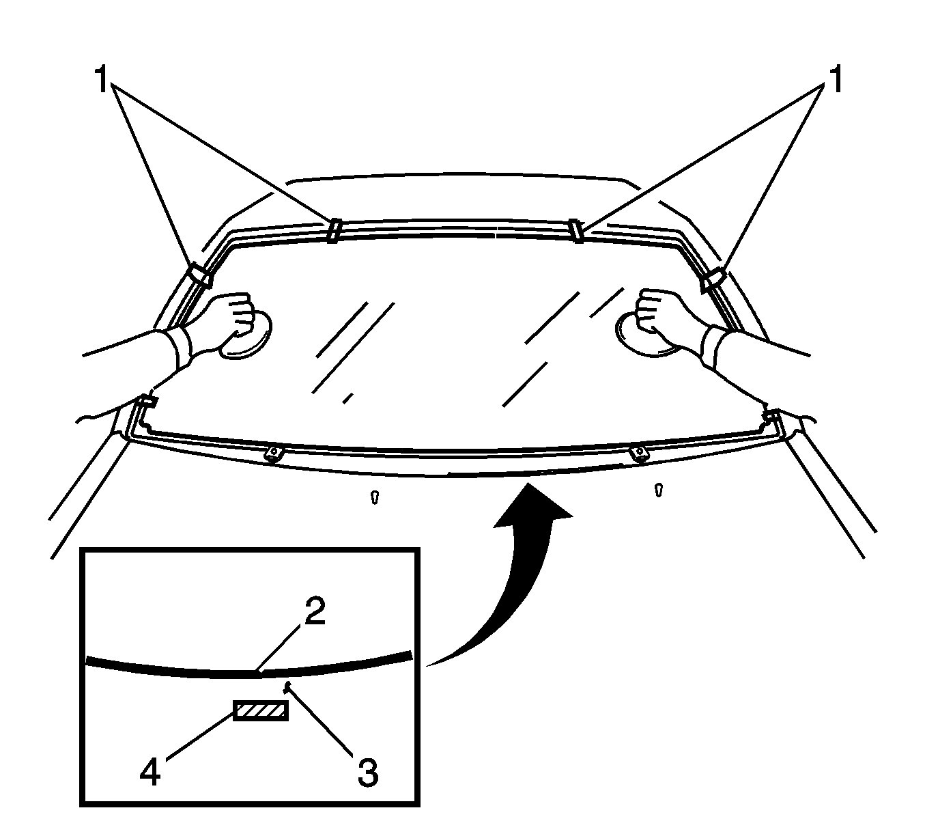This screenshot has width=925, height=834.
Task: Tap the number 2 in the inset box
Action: coord(315,611)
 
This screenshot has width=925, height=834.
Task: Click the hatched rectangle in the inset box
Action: coord(261,710)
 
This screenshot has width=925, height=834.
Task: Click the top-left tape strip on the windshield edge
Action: coord(334,230)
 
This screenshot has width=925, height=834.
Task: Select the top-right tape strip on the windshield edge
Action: coord(576,230)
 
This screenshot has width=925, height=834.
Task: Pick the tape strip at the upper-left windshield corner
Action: coord(199,275)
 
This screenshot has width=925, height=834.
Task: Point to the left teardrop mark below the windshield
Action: coord(375,497)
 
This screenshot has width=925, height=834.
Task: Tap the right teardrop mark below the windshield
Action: coord(659,490)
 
